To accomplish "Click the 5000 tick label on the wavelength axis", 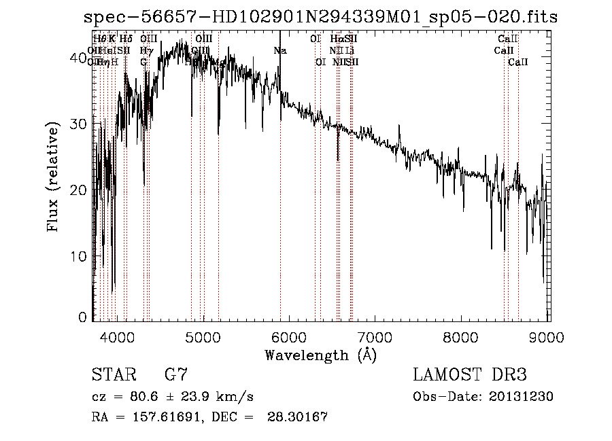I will point(203,336).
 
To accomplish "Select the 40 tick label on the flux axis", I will point(79,59).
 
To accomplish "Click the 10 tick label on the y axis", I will point(79,256).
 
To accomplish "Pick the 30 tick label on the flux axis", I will point(79,125).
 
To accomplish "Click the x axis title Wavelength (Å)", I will point(320,355).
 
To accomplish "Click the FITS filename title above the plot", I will point(320,17).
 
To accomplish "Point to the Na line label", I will point(280,50).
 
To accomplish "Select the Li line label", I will point(350,50).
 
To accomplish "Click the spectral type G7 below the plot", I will point(175,375).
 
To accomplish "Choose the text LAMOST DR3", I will point(469,375).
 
